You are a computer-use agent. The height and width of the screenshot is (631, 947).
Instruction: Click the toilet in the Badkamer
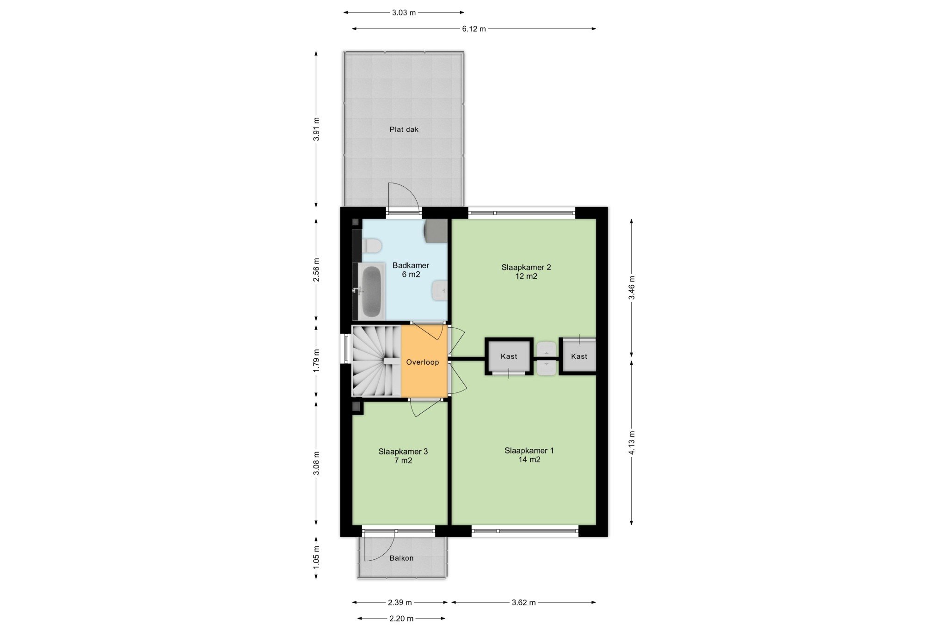pyautogui.click(x=371, y=246)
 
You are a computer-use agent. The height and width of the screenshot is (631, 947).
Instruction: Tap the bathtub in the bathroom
pyautogui.click(x=371, y=291)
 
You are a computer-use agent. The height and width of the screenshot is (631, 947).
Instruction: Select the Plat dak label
pyautogui.click(x=404, y=129)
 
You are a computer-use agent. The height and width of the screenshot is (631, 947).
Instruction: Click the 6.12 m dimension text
pyautogui.click(x=474, y=29)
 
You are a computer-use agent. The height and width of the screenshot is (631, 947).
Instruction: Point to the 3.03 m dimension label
pyautogui.click(x=404, y=12)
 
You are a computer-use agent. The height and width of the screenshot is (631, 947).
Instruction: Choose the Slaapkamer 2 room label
pyautogui.click(x=526, y=267)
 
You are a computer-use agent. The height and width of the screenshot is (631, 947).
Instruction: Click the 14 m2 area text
pyautogui.click(x=529, y=459)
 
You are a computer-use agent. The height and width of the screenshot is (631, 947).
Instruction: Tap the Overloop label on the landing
pyautogui.click(x=423, y=362)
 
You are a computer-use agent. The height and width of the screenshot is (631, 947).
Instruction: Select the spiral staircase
pyautogui.click(x=376, y=361)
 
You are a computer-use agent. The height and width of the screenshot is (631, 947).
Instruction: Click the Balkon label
pyautogui.click(x=401, y=558)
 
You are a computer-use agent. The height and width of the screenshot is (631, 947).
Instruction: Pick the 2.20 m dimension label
pyautogui.click(x=401, y=619)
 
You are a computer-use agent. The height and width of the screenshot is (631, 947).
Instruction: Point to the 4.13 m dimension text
pyautogui.click(x=632, y=443)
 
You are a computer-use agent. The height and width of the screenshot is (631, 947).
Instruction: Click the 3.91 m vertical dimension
pyautogui.click(x=316, y=130)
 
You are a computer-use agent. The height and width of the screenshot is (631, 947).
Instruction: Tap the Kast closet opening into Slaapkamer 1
pyautogui.click(x=509, y=356)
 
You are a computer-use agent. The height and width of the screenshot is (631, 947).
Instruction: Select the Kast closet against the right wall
pyautogui.click(x=578, y=356)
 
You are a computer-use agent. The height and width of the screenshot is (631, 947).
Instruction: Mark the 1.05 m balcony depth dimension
pyautogui.click(x=316, y=558)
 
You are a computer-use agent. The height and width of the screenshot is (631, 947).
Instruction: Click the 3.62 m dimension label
pyautogui.click(x=523, y=602)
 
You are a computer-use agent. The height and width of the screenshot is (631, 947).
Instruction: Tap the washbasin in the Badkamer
pyautogui.click(x=440, y=291)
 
